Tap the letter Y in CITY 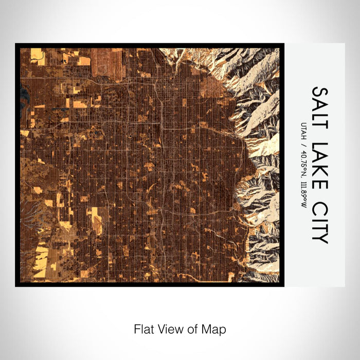pyautogui.click(x=319, y=237)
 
